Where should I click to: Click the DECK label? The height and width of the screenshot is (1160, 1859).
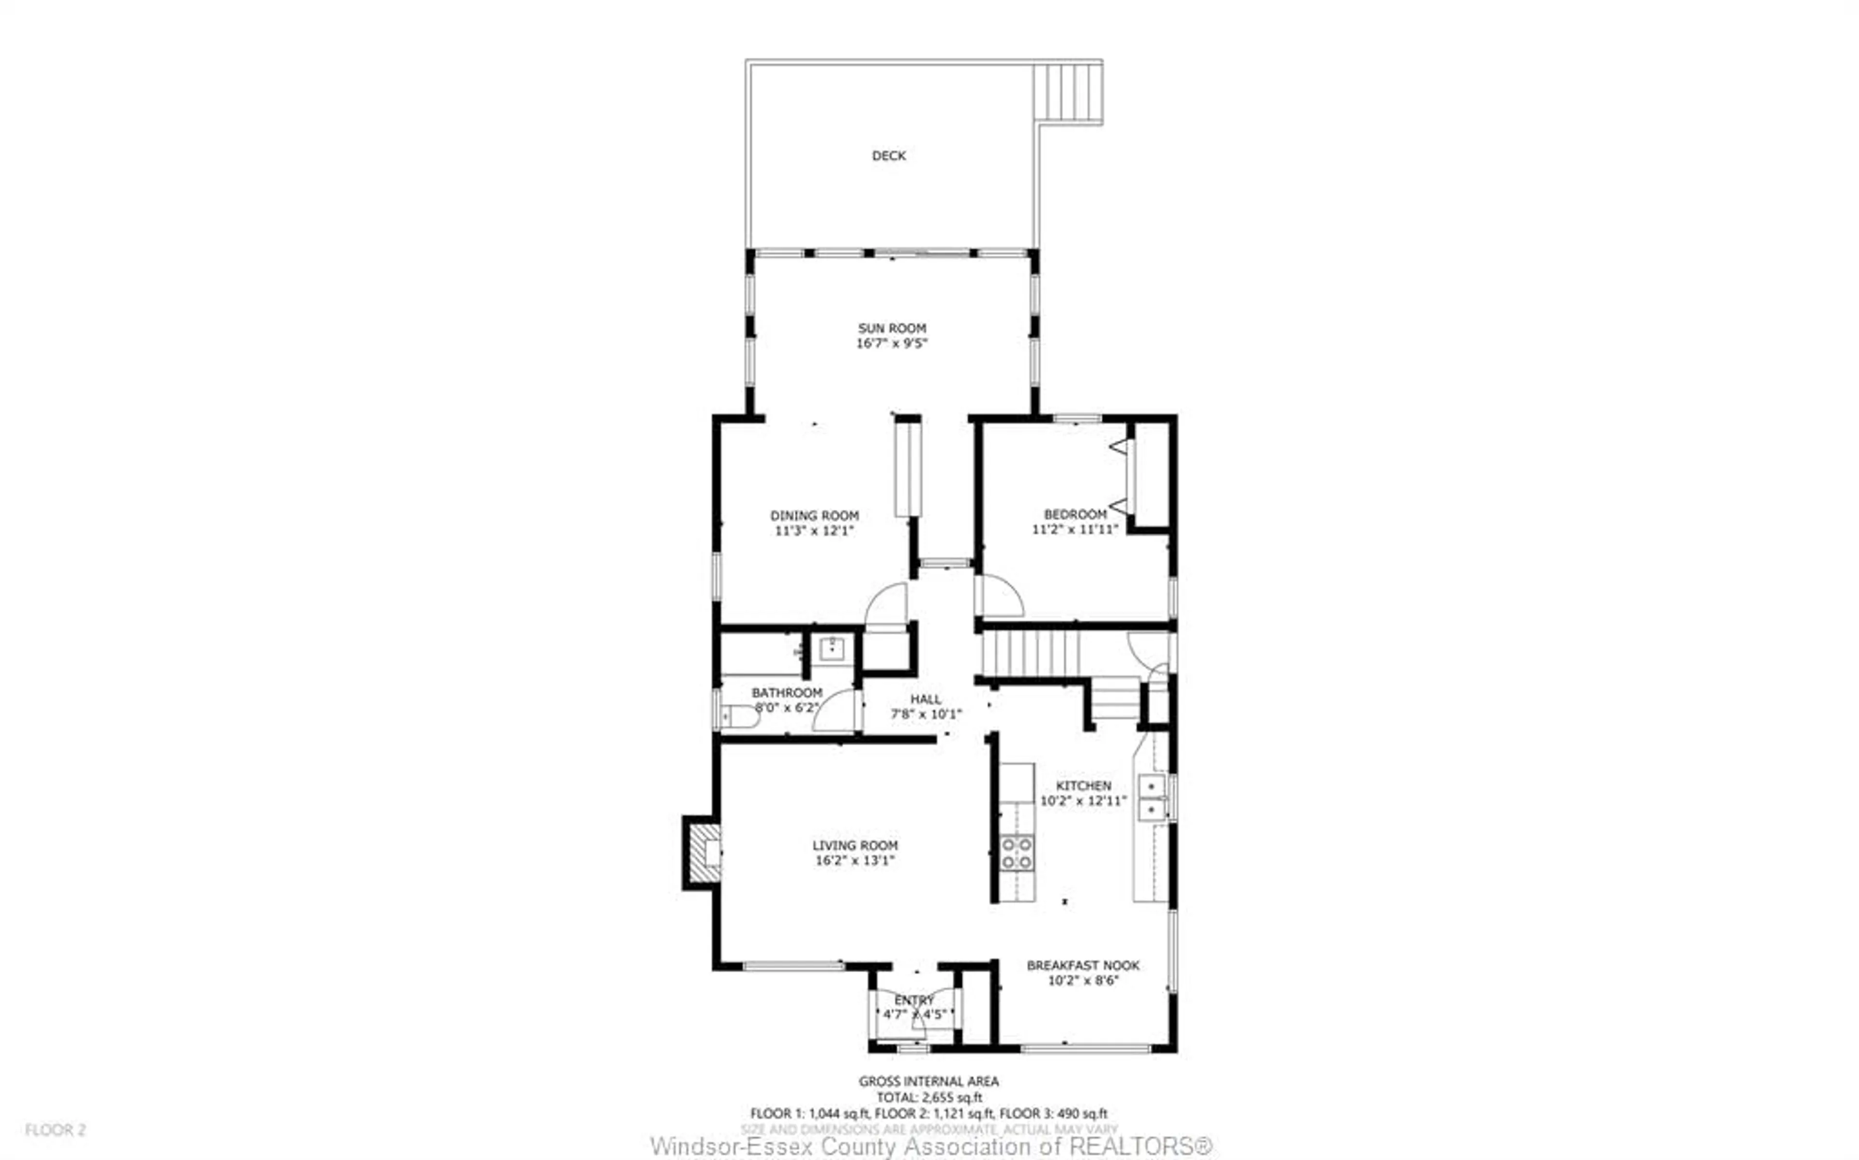[x=889, y=156]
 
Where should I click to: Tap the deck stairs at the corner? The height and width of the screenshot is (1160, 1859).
[x=1068, y=92]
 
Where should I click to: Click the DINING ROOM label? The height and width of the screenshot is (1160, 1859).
[x=814, y=516]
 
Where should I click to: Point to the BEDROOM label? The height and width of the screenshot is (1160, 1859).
[x=1075, y=514]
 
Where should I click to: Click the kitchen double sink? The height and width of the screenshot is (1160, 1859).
[x=1152, y=798]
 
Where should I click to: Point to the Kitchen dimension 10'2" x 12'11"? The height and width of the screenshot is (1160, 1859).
[x=1083, y=801]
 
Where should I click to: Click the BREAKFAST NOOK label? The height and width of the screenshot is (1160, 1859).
[x=1083, y=965]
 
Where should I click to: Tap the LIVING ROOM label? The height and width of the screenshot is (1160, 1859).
[x=855, y=845]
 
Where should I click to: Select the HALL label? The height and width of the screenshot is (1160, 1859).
[x=926, y=699]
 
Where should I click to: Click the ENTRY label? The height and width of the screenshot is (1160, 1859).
[x=914, y=1000]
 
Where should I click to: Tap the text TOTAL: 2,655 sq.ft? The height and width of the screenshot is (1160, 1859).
[x=929, y=1098]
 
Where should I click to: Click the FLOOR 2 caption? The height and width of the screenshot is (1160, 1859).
[x=55, y=1130]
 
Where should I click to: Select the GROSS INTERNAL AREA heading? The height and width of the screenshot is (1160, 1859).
[x=929, y=1081]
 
